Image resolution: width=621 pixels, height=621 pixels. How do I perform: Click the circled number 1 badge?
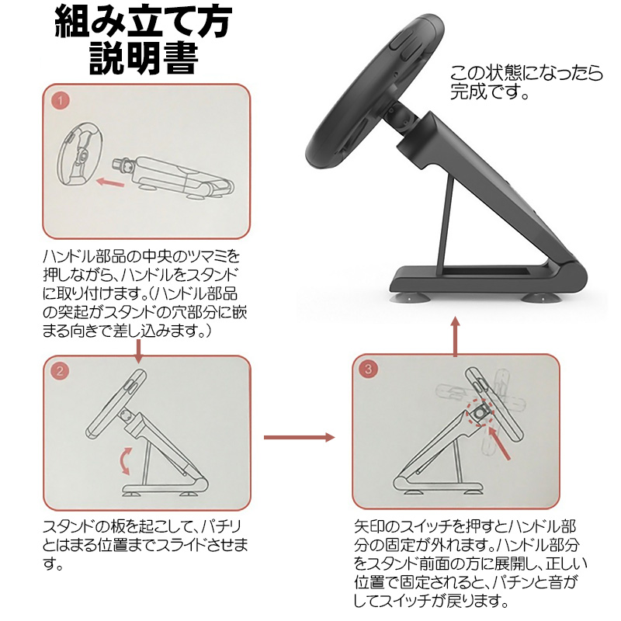61,101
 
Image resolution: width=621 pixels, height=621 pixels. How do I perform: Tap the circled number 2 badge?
60,371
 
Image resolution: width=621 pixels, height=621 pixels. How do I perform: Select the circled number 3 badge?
368,369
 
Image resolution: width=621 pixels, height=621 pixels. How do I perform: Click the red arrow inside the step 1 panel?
110,182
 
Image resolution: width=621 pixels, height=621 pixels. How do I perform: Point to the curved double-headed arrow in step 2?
125,460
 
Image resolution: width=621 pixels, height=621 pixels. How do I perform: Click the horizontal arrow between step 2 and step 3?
300,437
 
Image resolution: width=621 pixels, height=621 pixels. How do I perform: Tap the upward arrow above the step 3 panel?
456,337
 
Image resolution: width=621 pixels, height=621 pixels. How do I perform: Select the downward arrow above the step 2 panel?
138,352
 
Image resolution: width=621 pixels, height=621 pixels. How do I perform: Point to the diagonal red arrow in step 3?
499,443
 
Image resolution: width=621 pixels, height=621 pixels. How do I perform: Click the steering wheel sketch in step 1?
80,154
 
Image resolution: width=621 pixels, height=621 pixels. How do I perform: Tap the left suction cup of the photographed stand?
408,297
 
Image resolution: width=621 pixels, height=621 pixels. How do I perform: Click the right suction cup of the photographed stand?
538,297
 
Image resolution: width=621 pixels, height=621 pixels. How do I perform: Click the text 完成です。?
490,92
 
